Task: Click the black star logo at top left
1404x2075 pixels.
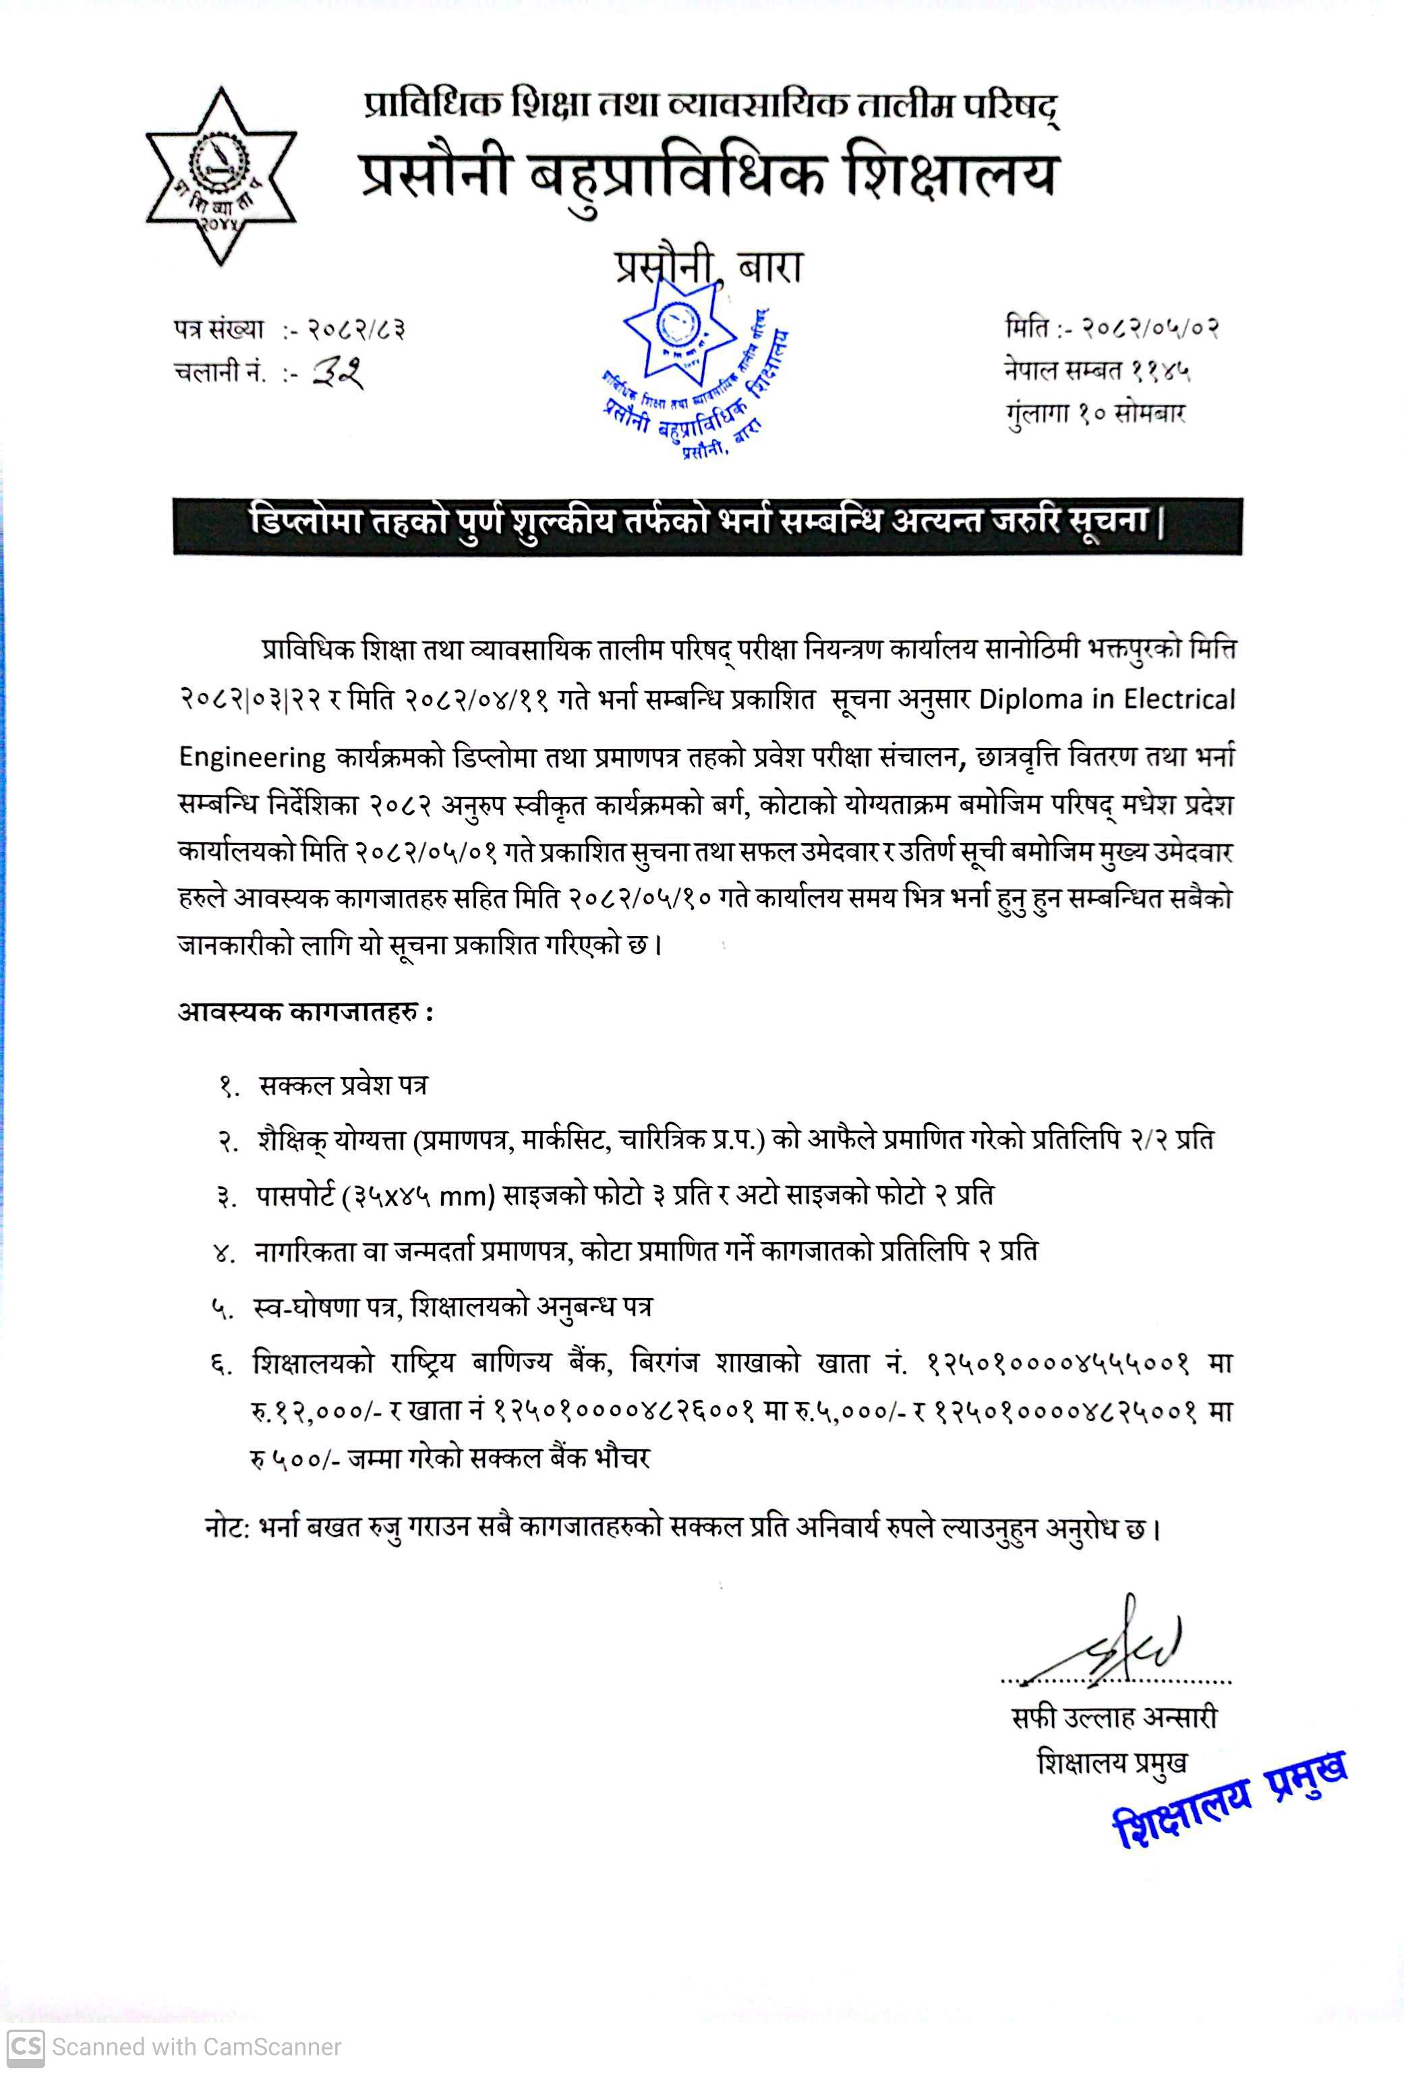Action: tap(220, 177)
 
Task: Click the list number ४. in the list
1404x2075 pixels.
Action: tap(224, 1254)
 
